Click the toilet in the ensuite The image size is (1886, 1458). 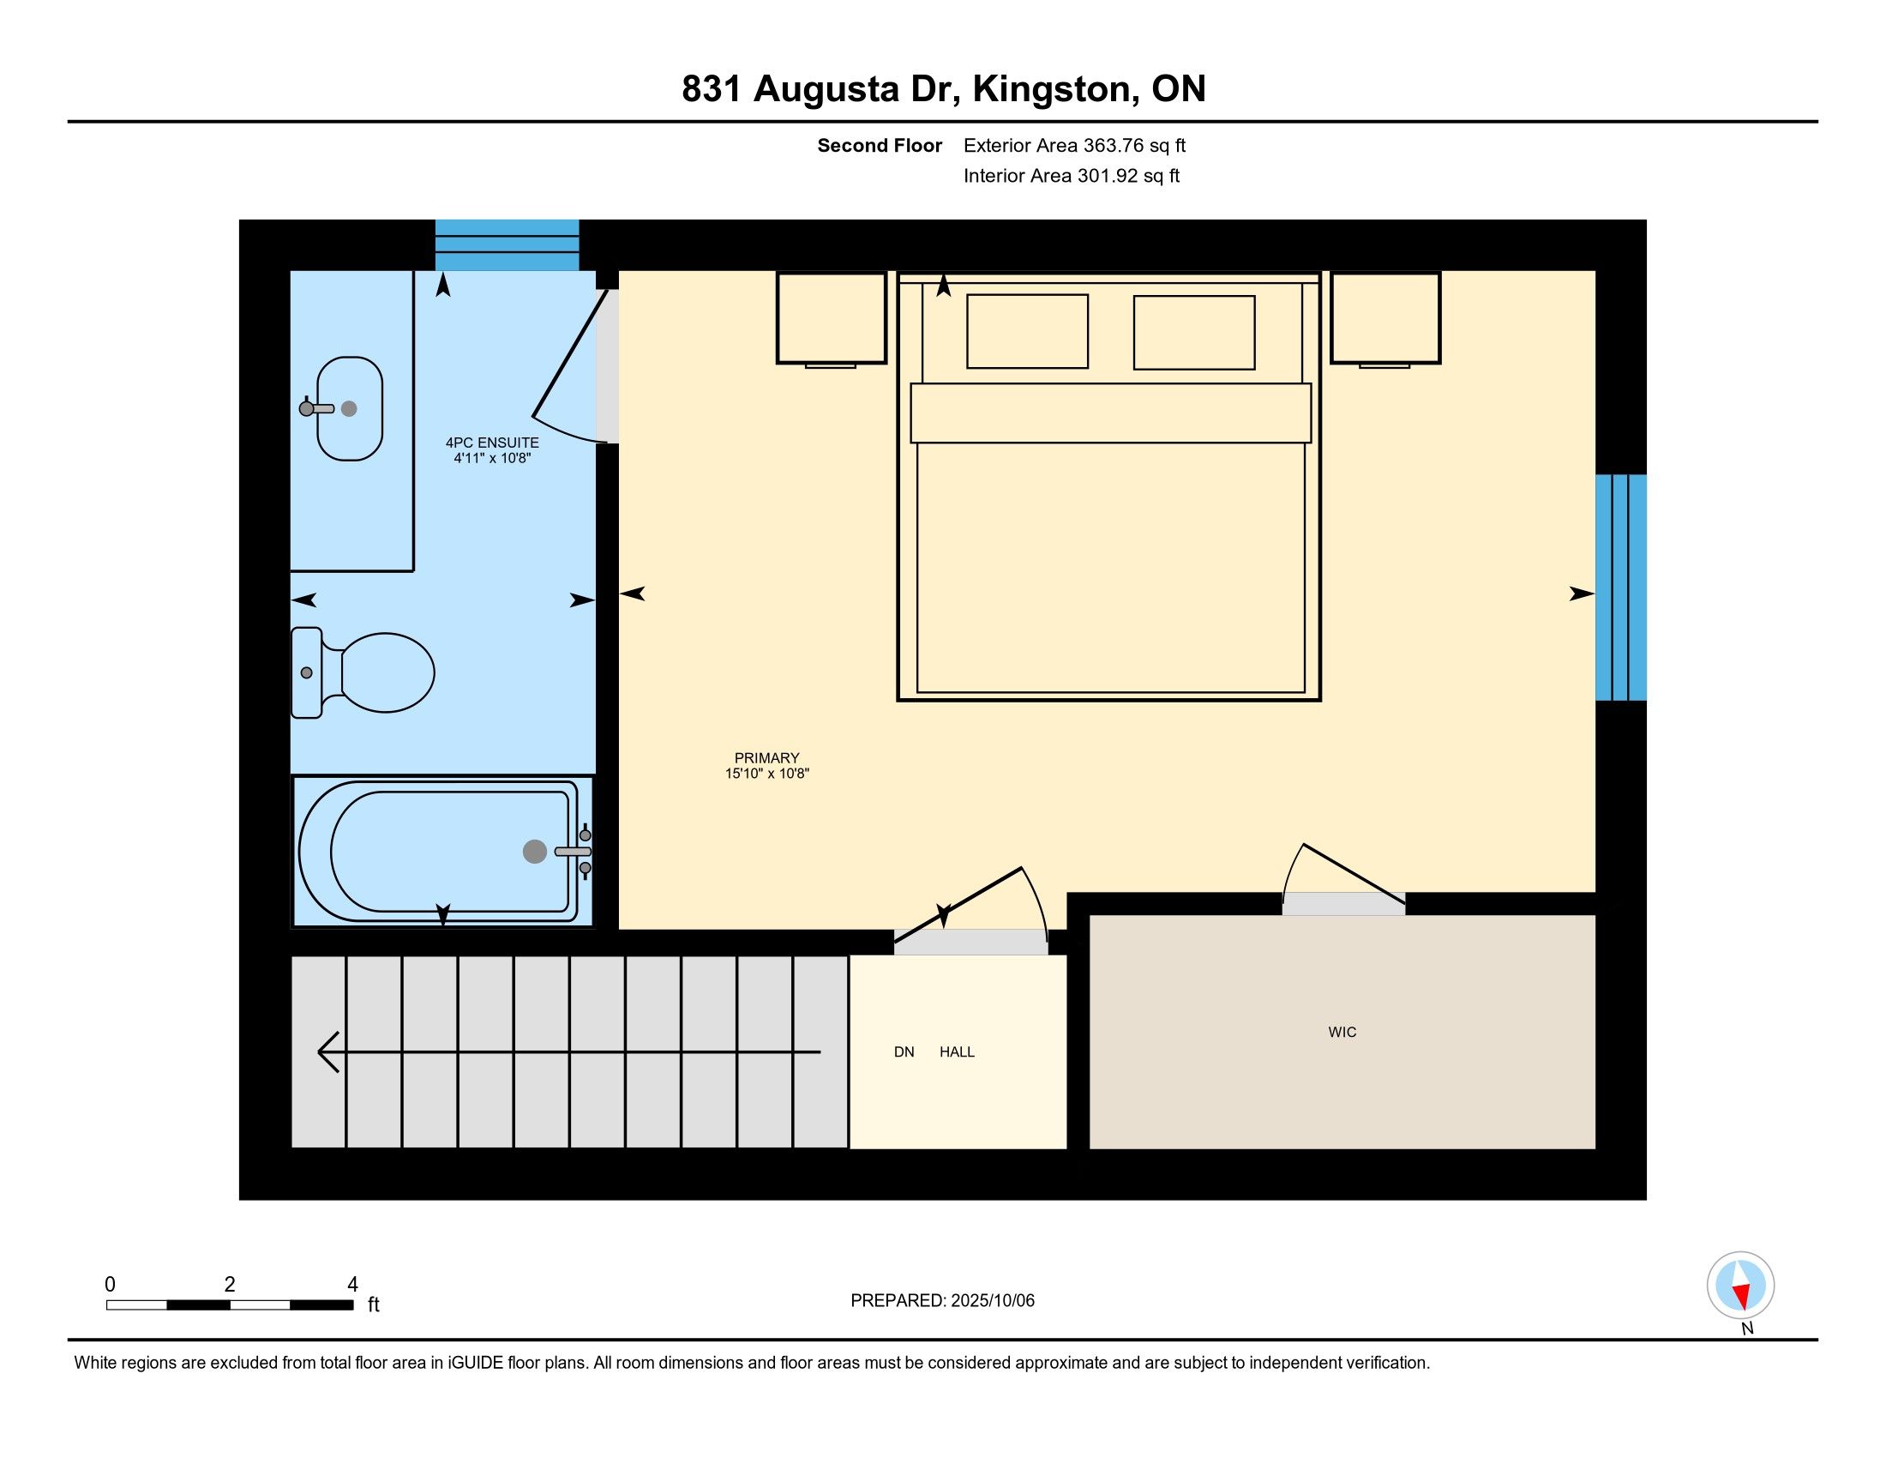[x=363, y=673]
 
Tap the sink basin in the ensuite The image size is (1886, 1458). [x=350, y=408]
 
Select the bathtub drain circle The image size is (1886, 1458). [x=535, y=852]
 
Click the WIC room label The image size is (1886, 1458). [x=1342, y=1032]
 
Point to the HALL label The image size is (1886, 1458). [x=957, y=1052]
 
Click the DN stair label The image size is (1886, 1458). [x=904, y=1052]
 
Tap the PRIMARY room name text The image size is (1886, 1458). [x=767, y=758]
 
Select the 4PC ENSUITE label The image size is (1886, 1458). [x=492, y=443]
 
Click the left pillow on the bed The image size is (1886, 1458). [x=1027, y=332]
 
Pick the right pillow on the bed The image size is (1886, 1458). [x=1193, y=333]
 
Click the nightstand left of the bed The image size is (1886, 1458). [x=832, y=319]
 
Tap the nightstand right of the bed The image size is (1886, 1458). [x=1385, y=319]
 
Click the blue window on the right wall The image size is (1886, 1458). [x=1621, y=587]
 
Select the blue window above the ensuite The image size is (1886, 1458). [x=507, y=245]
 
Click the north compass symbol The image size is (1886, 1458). [x=1740, y=1286]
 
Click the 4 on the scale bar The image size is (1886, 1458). [x=352, y=1285]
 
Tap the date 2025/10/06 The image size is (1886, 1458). [x=992, y=1301]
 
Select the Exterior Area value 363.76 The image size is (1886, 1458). [x=1113, y=146]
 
